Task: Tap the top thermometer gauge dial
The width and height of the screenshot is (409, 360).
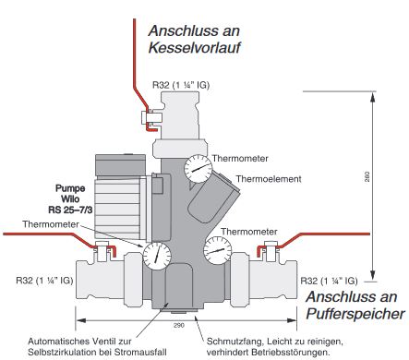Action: tap(197, 169)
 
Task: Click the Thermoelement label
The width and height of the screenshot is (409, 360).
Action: tap(274, 178)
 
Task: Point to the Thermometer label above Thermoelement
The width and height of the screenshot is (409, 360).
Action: tap(243, 158)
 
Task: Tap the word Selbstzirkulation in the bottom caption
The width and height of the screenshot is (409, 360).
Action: tap(102, 351)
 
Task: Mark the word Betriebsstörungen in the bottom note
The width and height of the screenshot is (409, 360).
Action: tap(295, 351)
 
